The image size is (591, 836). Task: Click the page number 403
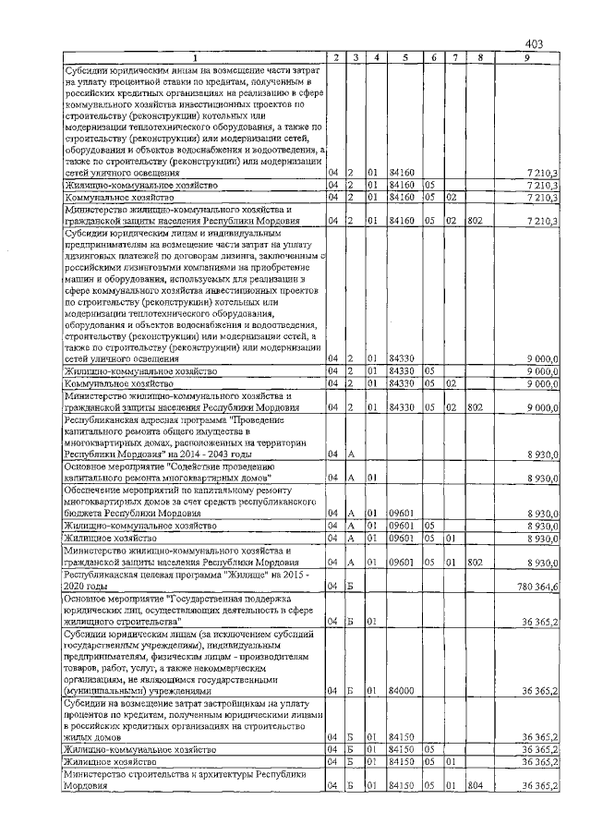534,43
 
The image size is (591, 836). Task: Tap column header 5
404,58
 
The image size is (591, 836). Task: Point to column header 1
194,58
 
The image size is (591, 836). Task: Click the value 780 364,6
537,587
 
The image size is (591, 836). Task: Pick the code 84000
401,690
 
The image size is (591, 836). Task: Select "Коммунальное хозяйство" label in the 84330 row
119,382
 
